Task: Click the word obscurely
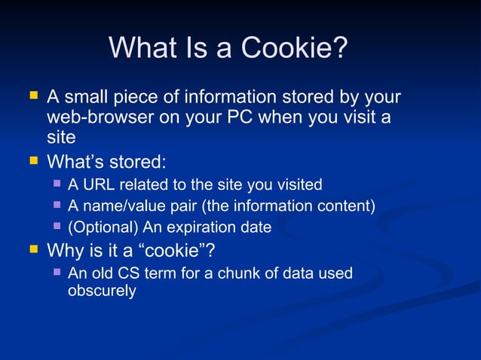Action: tap(102, 291)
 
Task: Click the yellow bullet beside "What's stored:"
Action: tap(32, 160)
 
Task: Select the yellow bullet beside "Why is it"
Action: tap(32, 248)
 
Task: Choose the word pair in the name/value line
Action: tap(176, 206)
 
